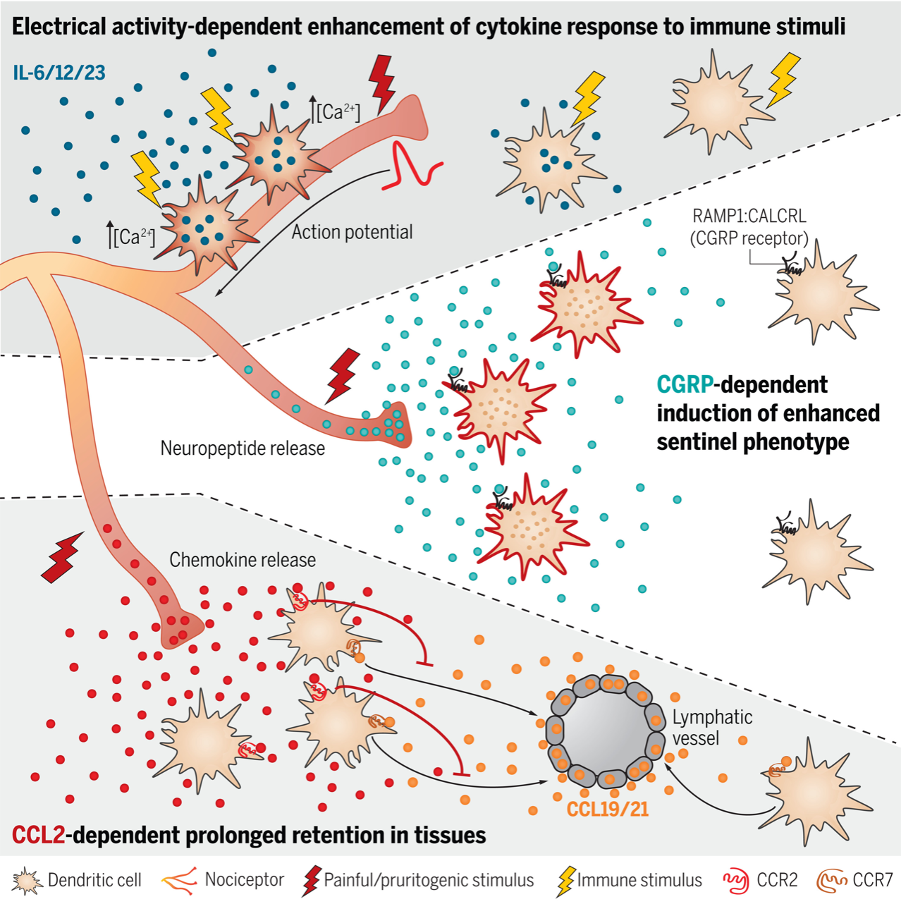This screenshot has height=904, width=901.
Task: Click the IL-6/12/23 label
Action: click(x=59, y=73)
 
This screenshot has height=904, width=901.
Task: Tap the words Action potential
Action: click(x=353, y=232)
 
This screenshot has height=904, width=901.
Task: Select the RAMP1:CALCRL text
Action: click(x=749, y=216)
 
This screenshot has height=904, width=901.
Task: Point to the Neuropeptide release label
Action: click(x=243, y=448)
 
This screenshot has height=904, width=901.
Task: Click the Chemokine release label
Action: click(x=243, y=560)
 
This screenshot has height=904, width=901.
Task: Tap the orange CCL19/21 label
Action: click(x=608, y=809)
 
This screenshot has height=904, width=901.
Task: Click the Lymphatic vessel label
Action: click(x=712, y=728)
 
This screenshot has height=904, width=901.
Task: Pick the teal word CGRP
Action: click(x=685, y=385)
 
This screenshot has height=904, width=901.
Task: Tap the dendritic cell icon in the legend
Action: click(x=27, y=881)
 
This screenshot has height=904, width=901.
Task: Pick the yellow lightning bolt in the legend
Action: click(x=565, y=881)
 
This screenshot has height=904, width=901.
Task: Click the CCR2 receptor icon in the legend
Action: click(x=736, y=881)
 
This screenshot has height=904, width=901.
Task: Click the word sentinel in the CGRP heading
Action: click(x=699, y=442)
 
